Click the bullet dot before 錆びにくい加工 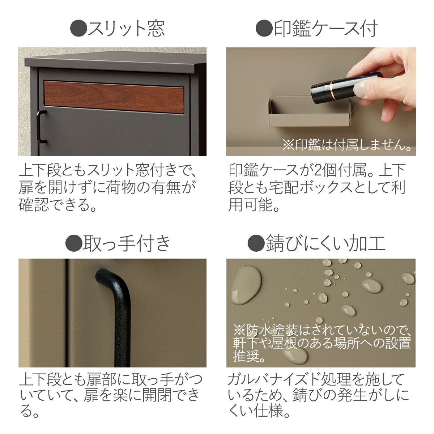click(x=256, y=243)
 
